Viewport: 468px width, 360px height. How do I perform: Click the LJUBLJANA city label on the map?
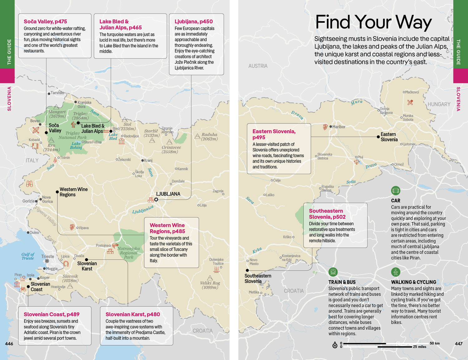(x=168, y=194)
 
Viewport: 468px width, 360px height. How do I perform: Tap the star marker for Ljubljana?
(x=156, y=200)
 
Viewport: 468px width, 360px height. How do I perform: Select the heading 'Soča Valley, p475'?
(x=45, y=22)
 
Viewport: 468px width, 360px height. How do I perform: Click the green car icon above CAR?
(x=396, y=191)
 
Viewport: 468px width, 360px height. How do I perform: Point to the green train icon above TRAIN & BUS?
(x=333, y=272)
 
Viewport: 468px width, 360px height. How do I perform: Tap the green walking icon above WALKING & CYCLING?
(x=396, y=272)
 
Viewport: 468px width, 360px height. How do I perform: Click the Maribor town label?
(x=339, y=127)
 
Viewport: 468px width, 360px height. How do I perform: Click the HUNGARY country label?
(x=439, y=104)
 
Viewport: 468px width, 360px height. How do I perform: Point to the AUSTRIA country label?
(x=258, y=66)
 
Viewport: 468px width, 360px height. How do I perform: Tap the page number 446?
(x=9, y=343)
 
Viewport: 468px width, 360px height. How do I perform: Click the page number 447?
(x=458, y=343)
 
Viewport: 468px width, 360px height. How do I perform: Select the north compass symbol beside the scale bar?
(x=335, y=345)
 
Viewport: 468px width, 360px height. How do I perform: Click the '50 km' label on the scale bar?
(x=434, y=343)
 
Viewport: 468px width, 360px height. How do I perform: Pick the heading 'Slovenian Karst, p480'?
(x=133, y=314)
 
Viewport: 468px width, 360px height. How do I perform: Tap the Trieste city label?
(x=47, y=256)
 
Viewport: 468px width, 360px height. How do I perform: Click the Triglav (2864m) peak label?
(x=80, y=116)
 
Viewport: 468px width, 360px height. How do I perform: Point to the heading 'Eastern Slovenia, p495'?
(x=274, y=134)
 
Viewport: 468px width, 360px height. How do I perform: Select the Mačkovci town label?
(x=412, y=92)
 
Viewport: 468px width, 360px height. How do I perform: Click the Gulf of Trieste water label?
(x=28, y=256)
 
